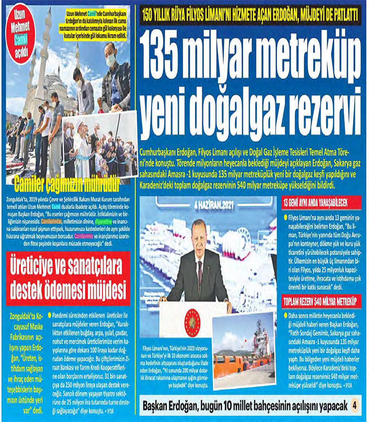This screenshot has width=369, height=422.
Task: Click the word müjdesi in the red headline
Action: pyautogui.click(x=101, y=288)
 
